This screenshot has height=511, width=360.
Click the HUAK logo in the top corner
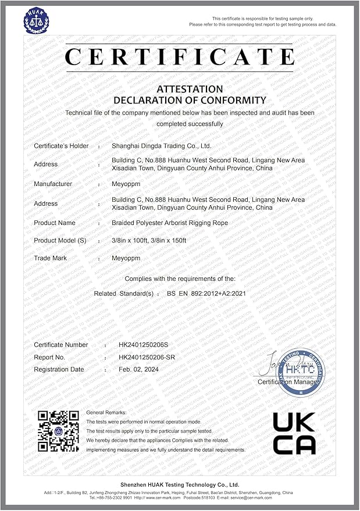pos(36,19)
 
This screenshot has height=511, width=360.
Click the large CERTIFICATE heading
pos(180,57)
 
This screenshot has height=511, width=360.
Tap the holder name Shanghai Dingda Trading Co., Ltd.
pos(161,146)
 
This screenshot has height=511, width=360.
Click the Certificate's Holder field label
pos(61,146)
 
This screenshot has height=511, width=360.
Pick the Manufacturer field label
pos(53,184)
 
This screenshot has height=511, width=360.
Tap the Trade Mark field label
pos(51,258)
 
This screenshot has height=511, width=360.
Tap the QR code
pos(58,431)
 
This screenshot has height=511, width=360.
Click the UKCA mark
pos(294,433)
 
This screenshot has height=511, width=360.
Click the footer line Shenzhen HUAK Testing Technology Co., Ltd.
pos(180,484)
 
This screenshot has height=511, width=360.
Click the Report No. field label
pos(49,357)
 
